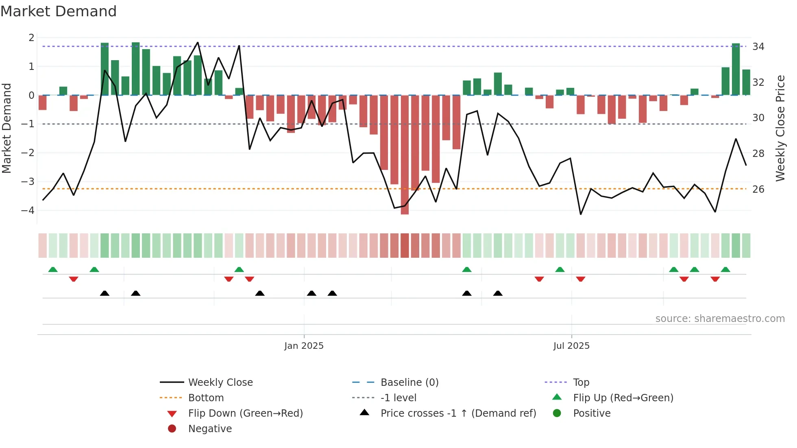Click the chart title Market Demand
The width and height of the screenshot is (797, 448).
pos(59,11)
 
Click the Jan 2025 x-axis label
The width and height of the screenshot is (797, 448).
pos(304,346)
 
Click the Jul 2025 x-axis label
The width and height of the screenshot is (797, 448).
pos(571,346)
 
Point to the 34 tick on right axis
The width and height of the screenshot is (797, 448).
pos(758,47)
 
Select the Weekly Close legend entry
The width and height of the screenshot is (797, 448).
pos(220,383)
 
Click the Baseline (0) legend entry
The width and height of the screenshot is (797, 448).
pos(409,383)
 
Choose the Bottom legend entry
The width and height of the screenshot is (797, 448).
pos(206,398)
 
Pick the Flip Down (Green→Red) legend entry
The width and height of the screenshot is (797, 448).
pos(245,413)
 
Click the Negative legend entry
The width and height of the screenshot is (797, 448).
pos(210,429)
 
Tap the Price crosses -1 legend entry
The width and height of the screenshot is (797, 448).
pos(458,413)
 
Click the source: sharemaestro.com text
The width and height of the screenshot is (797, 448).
pos(720,319)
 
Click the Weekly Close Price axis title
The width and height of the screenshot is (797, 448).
pos(780,128)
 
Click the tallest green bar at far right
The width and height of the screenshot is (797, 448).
pos(736,69)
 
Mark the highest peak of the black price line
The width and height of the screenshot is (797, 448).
pos(198,42)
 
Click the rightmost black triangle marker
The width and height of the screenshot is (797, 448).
pos(498,293)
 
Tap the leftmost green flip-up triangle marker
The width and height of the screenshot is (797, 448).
pos(53,270)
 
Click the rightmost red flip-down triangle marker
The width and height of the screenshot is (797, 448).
pos(715,279)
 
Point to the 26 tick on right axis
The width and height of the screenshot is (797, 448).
pos(758,189)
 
